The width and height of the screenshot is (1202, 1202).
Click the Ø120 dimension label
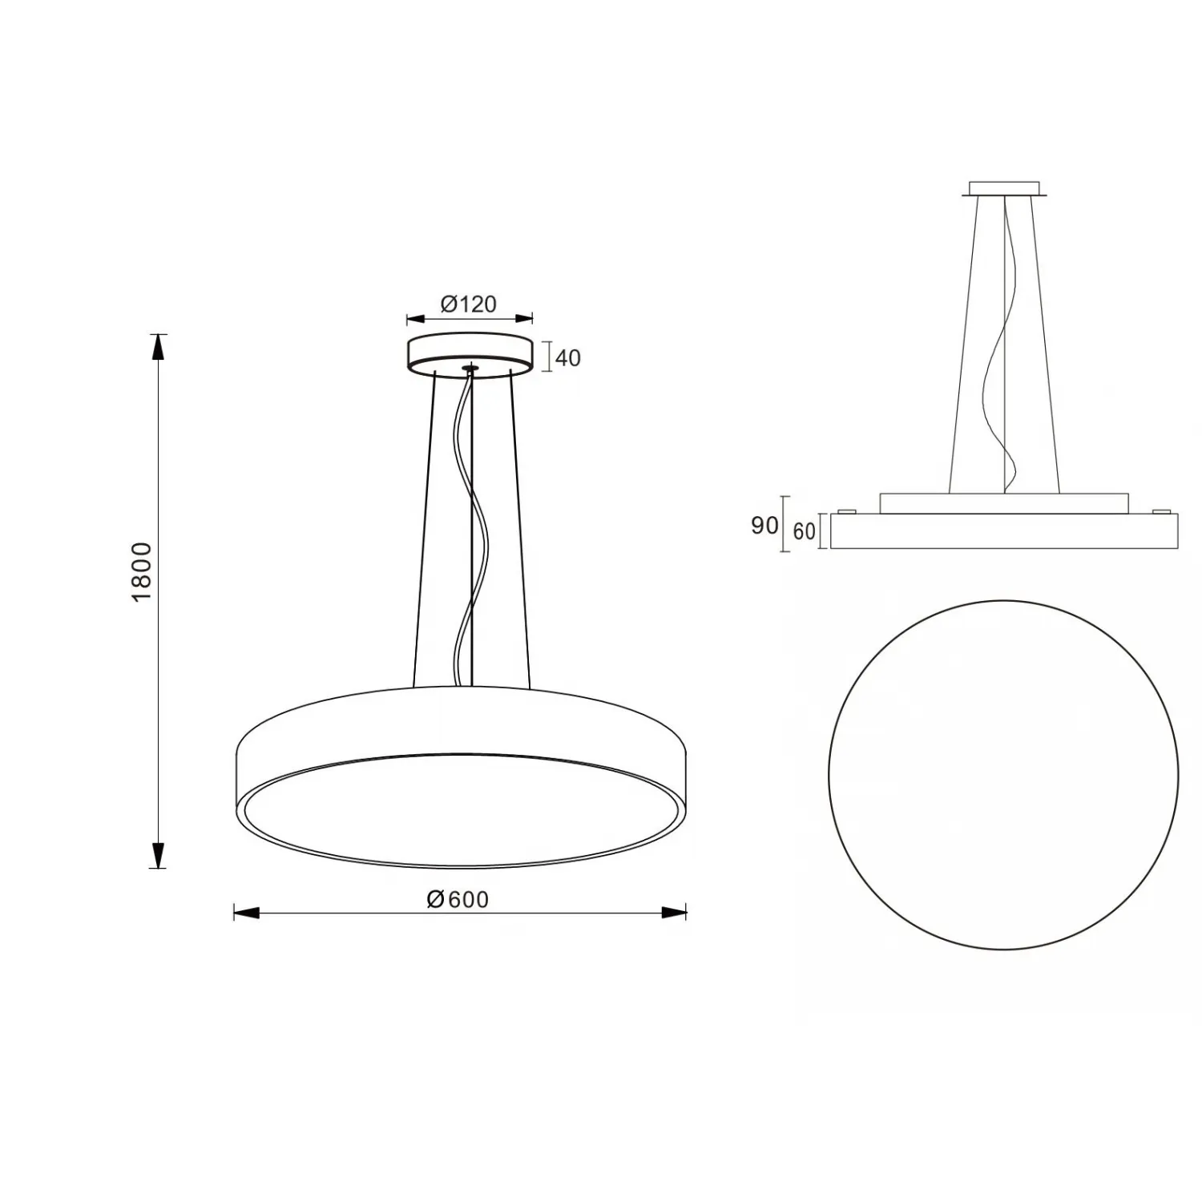(469, 305)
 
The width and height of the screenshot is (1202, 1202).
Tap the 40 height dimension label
(567, 357)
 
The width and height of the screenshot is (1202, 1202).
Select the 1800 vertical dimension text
(141, 572)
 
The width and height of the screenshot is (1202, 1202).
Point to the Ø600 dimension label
(458, 900)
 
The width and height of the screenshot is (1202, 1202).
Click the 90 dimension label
(764, 526)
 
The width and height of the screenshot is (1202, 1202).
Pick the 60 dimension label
(804, 530)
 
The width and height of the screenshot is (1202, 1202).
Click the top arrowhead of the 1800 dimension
(159, 347)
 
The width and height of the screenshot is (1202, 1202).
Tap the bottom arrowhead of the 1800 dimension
(159, 855)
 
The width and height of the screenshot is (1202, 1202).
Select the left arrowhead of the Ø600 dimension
(247, 912)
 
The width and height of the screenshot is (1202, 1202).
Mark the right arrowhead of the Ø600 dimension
(673, 912)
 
